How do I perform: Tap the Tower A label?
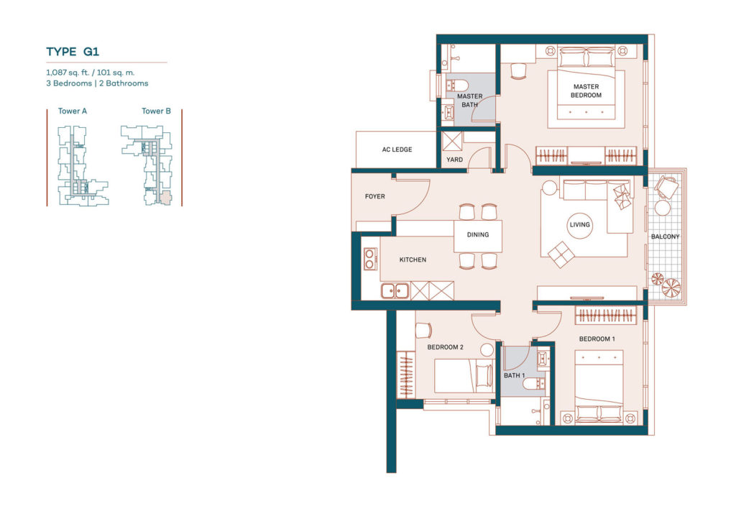73,111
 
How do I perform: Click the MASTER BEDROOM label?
586,91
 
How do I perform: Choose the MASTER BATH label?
470,101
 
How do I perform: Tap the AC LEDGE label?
397,150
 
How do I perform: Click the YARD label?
454,160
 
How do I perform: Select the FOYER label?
375,196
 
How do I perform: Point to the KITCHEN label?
413,260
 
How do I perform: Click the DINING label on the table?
478,234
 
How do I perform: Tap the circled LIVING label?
579,224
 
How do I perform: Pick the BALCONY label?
665,237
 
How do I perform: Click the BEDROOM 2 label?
445,347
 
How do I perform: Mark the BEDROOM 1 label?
597,339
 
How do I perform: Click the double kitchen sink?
395,290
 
